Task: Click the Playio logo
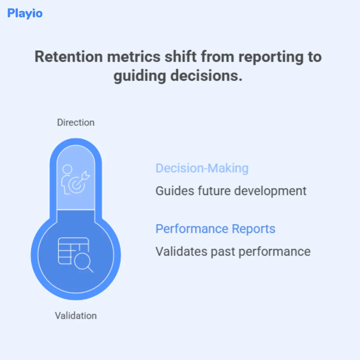pyautogui.click(x=25, y=13)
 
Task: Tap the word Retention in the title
pyautogui.click(x=69, y=57)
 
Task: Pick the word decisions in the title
pyautogui.click(x=206, y=76)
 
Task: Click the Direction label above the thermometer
pyautogui.click(x=76, y=122)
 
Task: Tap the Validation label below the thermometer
pyautogui.click(x=76, y=316)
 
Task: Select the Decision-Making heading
pyautogui.click(x=202, y=168)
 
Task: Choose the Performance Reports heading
pyautogui.click(x=215, y=229)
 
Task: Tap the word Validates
pyautogui.click(x=181, y=251)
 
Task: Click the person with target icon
pyautogui.click(x=75, y=179)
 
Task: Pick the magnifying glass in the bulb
pyautogui.click(x=82, y=263)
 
